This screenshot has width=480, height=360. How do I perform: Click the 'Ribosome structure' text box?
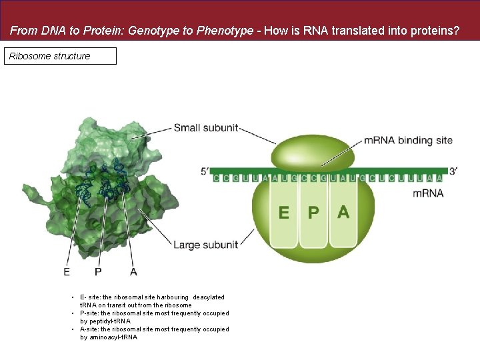coord(61,56)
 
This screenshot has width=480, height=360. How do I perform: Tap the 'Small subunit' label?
coord(205,127)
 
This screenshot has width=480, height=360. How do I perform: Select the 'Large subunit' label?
coord(205,245)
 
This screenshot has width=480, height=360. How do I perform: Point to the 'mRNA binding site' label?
coord(408,141)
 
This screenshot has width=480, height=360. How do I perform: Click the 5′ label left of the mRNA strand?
coord(205,171)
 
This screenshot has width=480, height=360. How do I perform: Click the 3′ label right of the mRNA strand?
coord(453,171)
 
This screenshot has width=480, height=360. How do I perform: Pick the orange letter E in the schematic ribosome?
coord(284,213)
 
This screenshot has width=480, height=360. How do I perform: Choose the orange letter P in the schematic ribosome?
coord(313,213)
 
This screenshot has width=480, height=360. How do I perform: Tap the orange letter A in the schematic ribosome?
coord(343,212)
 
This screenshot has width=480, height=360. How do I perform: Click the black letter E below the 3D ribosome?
coord(67,271)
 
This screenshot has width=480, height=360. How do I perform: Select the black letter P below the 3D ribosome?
coord(98,271)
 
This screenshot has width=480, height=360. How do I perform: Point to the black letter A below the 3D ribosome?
coord(133,271)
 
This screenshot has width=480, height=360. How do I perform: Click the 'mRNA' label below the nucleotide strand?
coord(428,193)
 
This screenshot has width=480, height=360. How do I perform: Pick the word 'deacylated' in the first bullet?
coord(209,297)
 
